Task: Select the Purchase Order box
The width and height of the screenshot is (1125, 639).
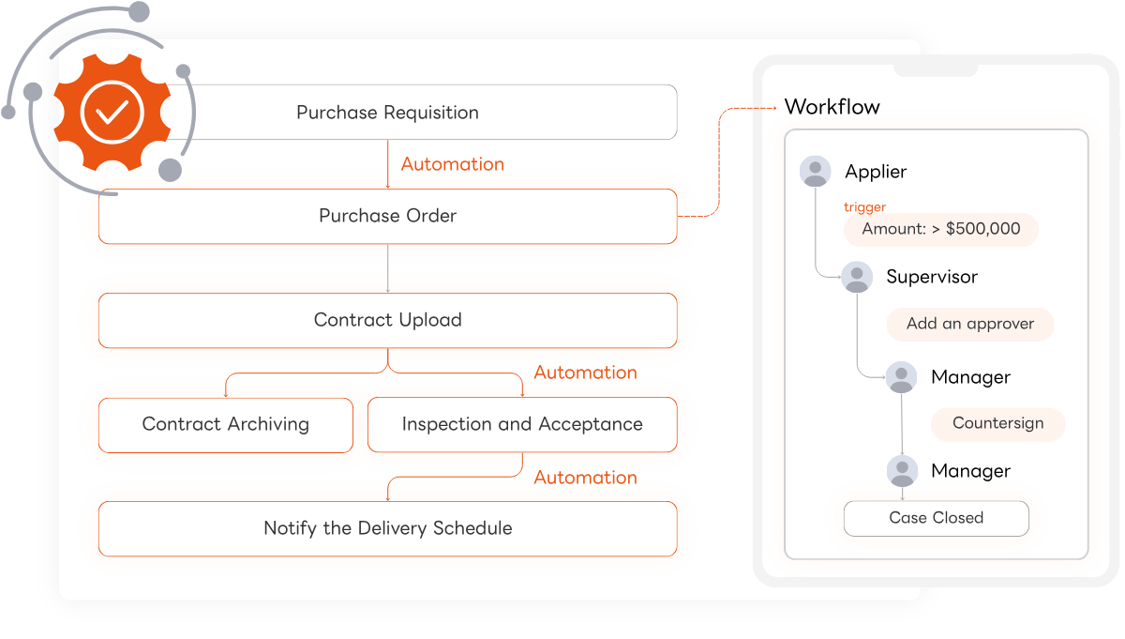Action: pyautogui.click(x=388, y=216)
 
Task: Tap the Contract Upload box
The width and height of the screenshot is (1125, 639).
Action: pyautogui.click(x=388, y=320)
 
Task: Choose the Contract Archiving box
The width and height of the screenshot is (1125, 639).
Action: pyautogui.click(x=226, y=425)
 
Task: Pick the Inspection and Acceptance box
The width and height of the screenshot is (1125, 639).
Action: pyautogui.click(x=522, y=425)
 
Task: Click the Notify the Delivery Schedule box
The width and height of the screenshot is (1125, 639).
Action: pyautogui.click(x=388, y=528)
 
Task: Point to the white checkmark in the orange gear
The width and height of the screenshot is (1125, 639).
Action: pyautogui.click(x=112, y=112)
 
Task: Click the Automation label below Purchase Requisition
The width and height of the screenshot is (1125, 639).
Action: pyautogui.click(x=453, y=164)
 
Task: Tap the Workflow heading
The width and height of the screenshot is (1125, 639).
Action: pyautogui.click(x=832, y=107)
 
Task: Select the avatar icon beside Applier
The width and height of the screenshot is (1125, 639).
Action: pyautogui.click(x=815, y=171)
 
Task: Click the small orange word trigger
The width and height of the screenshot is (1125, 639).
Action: pyautogui.click(x=864, y=206)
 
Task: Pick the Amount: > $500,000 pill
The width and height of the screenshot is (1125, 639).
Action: pyautogui.click(x=941, y=229)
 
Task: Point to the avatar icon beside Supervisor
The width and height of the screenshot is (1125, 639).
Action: pyautogui.click(x=857, y=277)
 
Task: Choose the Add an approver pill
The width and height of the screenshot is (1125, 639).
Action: pyautogui.click(x=970, y=324)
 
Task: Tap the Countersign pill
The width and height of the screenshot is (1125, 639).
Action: pyautogui.click(x=997, y=424)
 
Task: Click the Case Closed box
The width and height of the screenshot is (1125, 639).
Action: pyautogui.click(x=937, y=518)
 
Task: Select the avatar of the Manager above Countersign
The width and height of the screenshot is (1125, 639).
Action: pyautogui.click(x=902, y=377)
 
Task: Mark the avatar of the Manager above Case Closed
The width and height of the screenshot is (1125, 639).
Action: pyautogui.click(x=903, y=471)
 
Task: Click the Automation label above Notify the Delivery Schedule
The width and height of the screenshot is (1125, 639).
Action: pyautogui.click(x=586, y=477)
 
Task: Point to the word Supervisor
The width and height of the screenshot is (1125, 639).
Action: pyautogui.click(x=932, y=277)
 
